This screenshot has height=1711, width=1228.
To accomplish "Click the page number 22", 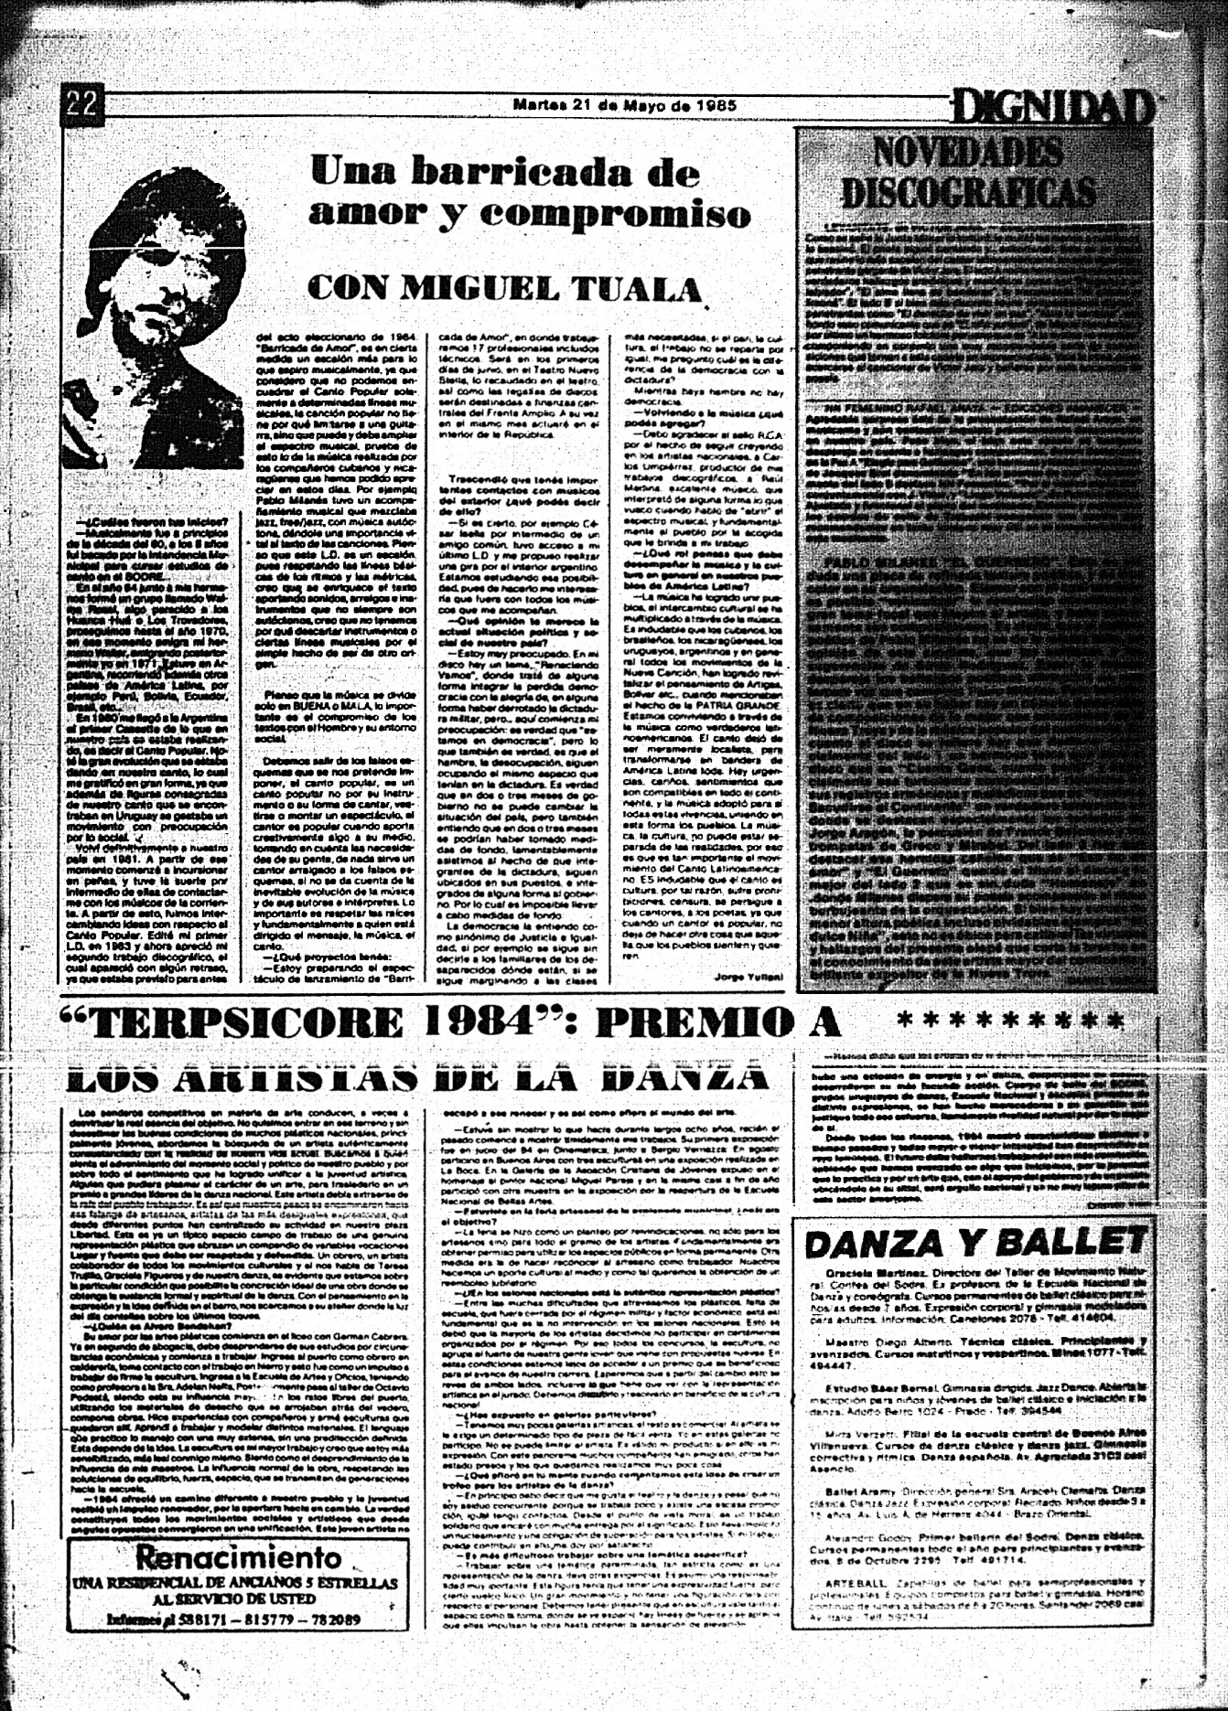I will (81, 104).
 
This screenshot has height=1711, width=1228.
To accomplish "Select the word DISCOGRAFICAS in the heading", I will (968, 192).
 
